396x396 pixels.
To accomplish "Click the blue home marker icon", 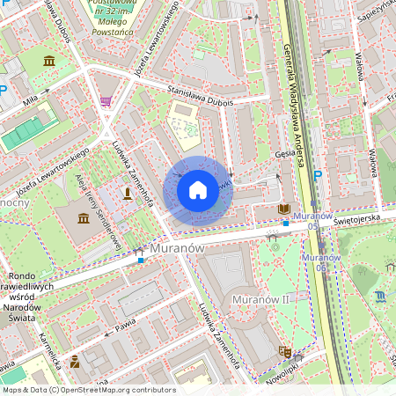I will (x=198, y=189).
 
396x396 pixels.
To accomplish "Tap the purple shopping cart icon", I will (x=106, y=102).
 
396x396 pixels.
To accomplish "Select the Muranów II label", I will (x=260, y=301).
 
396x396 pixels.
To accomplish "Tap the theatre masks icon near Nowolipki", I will (x=284, y=350).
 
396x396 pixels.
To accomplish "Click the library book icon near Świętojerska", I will (x=282, y=209).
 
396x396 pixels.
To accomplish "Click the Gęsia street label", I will (x=283, y=152).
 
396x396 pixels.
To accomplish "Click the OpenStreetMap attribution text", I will (x=89, y=389).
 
